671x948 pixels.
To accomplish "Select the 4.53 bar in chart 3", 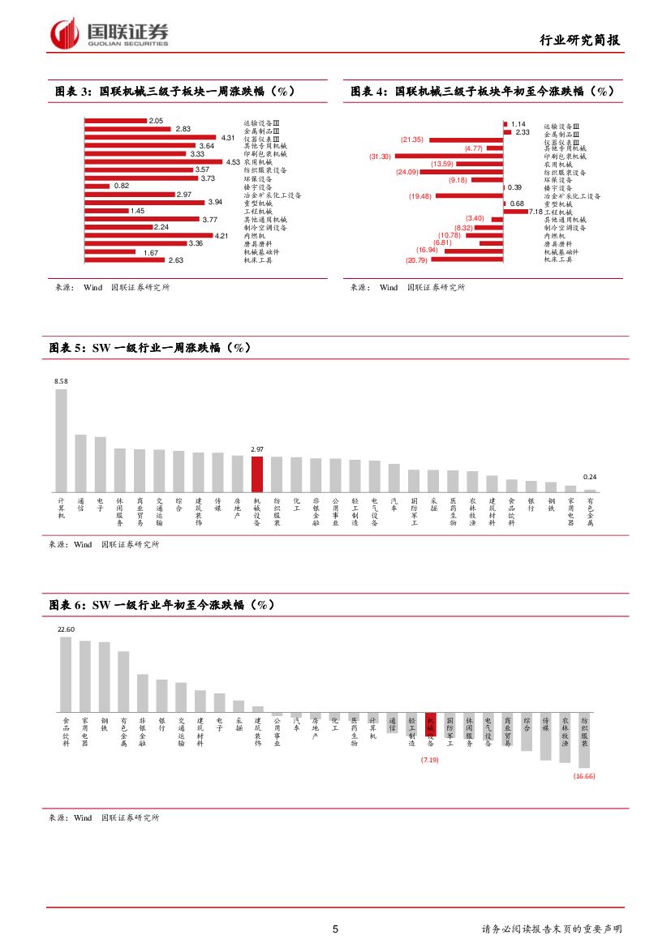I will [153, 162].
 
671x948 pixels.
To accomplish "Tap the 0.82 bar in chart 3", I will [97, 186].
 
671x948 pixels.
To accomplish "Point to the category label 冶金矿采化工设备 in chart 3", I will [273, 195].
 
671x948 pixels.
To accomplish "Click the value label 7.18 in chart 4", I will [534, 212].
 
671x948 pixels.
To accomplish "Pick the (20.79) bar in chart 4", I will [466, 260].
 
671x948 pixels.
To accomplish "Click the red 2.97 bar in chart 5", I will [256, 474].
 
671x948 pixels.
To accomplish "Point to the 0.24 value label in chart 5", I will [590, 477].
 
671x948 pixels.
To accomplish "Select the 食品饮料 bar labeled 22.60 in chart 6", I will [66, 674].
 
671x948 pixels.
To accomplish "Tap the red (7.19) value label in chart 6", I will [429, 760].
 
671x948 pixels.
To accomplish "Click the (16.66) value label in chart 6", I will [584, 776].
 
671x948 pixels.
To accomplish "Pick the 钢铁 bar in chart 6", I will [104, 677].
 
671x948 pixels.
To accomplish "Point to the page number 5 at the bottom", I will [335, 929].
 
